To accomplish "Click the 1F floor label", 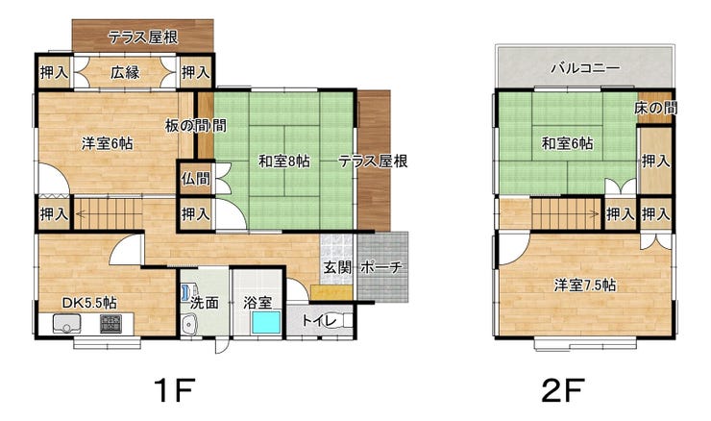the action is pos(174,389).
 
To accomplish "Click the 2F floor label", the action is pos(563,389).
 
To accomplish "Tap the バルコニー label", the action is pos(585,69).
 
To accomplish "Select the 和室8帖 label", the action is pos(284,161).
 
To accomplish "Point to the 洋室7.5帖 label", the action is pos(585,285).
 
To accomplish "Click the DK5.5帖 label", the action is pos(89,303).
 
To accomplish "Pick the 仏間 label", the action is pos(196,179).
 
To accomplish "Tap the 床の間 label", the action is pos(655,108).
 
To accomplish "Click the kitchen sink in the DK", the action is pos(66,324).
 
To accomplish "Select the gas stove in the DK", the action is pos(110,324).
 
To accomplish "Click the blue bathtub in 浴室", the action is pos(266,323).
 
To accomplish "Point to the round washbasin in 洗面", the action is pos(189,325).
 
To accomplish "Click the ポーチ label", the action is pos(381,267).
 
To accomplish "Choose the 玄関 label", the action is pos(337,267).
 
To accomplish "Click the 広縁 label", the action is pos(125,72).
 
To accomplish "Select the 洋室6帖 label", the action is pos(108,144).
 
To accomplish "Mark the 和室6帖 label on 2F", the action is pos(567,144).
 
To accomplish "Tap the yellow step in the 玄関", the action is pos(331,292).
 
